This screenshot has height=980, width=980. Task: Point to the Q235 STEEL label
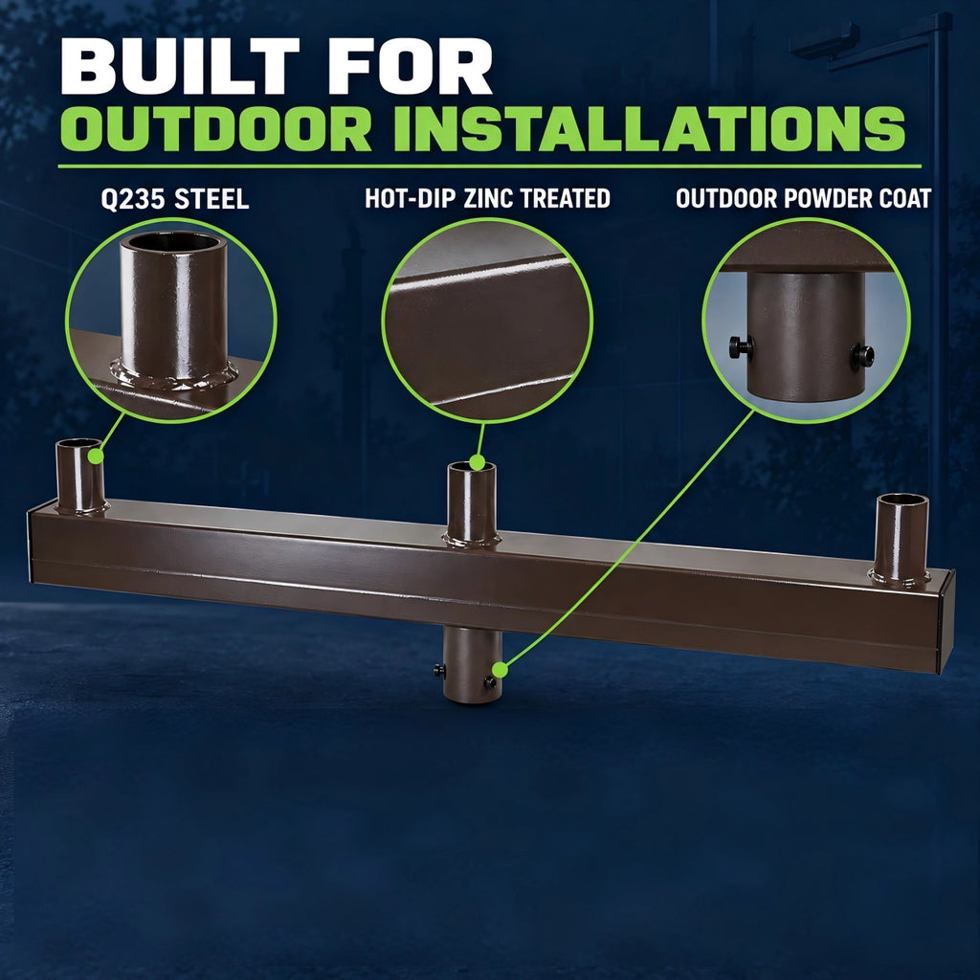pos(175,199)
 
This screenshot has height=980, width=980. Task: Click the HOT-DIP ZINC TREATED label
pos(487,198)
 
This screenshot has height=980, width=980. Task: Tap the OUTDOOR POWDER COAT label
pos(803,198)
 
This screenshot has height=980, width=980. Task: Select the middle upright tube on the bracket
pos(472,503)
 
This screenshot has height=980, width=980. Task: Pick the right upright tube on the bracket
pos(901,540)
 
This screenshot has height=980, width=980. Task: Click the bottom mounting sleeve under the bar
pos(473,665)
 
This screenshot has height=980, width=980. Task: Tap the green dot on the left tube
pos(96,457)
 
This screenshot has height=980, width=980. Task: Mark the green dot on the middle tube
pos(477,462)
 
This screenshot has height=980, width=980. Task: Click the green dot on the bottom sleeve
pos(500,671)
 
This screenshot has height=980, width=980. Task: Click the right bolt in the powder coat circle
pos(862,356)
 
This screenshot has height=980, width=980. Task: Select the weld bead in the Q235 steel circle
pos(174,375)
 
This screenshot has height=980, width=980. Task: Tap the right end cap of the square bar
pos(946,621)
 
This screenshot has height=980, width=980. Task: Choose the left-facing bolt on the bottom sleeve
pos(439,671)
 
